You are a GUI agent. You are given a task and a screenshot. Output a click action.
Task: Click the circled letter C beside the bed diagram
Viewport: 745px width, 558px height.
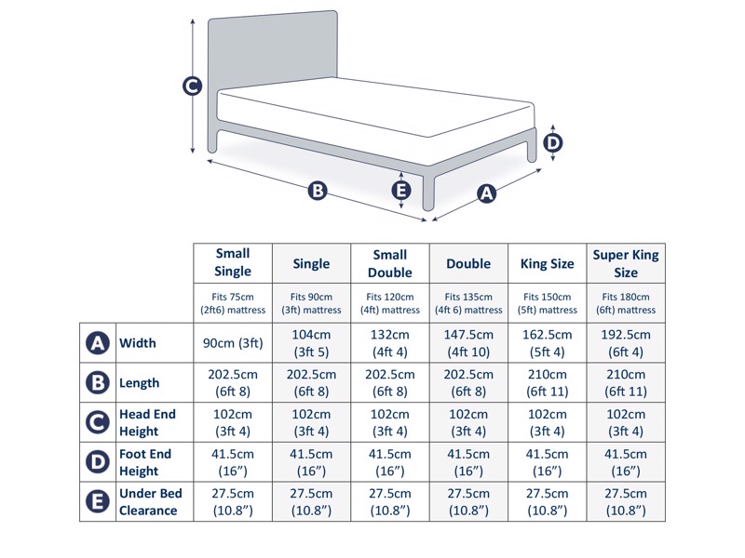click(192, 86)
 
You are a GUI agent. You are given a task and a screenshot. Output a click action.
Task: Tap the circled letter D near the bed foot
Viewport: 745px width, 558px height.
click(552, 142)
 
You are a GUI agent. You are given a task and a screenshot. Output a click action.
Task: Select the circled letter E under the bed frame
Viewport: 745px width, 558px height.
click(401, 190)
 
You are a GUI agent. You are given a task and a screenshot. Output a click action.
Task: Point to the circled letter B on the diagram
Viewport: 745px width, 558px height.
click(318, 191)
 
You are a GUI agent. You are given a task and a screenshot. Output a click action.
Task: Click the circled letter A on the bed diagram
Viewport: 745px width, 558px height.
click(486, 193)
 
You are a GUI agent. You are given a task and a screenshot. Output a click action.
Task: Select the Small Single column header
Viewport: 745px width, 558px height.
click(233, 262)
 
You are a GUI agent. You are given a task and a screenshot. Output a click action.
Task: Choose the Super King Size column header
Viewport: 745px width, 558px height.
click(626, 262)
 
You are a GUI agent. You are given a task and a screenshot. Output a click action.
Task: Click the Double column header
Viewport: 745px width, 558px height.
click(468, 263)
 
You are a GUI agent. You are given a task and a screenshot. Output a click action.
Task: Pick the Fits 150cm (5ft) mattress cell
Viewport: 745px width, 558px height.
click(547, 303)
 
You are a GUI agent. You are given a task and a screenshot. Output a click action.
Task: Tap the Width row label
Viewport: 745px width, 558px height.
click(138, 343)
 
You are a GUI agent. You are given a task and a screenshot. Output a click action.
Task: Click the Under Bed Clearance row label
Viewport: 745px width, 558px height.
click(150, 502)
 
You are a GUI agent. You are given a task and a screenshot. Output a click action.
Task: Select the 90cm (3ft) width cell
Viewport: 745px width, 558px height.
click(233, 343)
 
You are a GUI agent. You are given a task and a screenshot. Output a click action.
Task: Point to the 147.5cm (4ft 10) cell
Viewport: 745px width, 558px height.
click(468, 343)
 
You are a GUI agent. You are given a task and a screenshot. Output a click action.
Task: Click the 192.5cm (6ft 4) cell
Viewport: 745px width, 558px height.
click(626, 343)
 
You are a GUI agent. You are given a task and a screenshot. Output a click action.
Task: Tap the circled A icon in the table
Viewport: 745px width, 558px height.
click(98, 343)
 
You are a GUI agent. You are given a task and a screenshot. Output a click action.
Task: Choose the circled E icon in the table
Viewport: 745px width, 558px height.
click(98, 502)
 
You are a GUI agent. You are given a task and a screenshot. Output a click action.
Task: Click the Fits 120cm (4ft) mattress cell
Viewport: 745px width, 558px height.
click(390, 303)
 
